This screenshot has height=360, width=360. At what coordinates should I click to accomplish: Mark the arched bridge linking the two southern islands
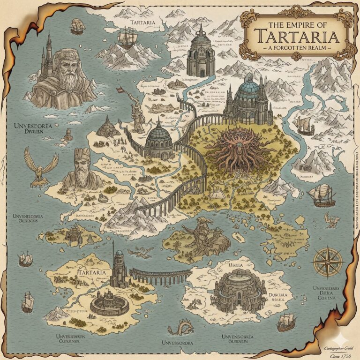[x=160, y=276]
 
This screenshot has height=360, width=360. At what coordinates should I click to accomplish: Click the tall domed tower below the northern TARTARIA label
[x=201, y=52]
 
